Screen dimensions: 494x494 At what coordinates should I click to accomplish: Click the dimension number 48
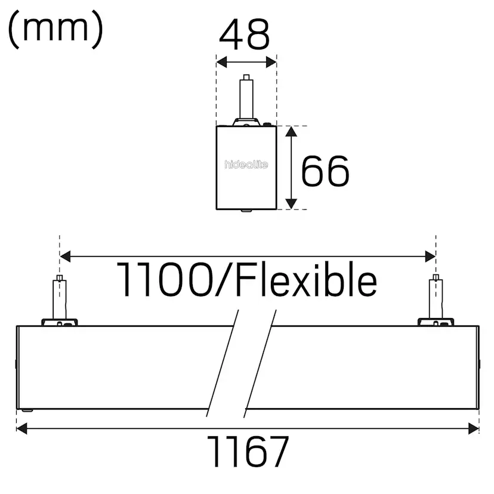pyautogui.click(x=245, y=35)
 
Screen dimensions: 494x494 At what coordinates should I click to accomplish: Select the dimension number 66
pyautogui.click(x=325, y=171)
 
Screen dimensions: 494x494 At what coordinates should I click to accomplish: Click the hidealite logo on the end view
pyautogui.click(x=246, y=164)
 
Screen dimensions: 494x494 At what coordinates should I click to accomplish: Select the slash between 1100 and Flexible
pyautogui.click(x=220, y=279)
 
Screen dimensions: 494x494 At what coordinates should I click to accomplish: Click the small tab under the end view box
pyautogui.click(x=245, y=210)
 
